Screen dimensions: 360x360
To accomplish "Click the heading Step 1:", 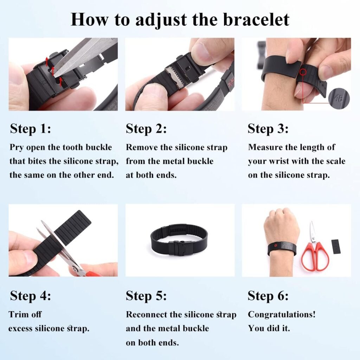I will click(x=30, y=129).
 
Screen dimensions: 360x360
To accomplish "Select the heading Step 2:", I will click(x=146, y=129).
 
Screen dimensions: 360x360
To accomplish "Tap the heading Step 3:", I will click(x=268, y=129).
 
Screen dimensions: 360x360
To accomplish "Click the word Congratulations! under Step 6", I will click(x=282, y=314).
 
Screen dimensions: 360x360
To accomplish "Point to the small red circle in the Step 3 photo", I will click(x=303, y=72).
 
